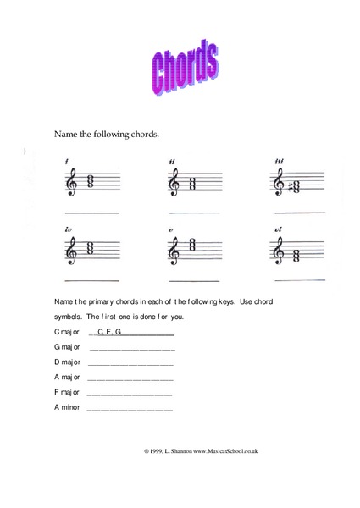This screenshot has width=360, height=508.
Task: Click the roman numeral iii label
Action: coord(279,161)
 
